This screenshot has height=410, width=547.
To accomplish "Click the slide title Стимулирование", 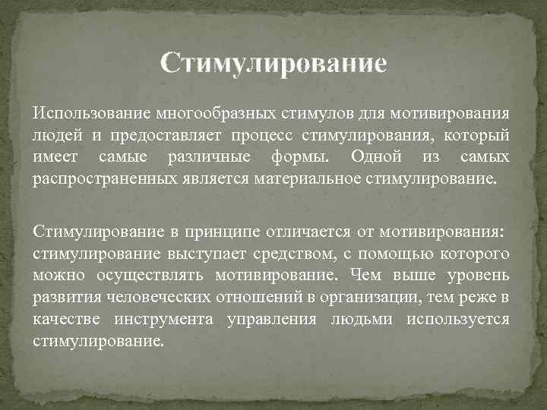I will coord(273,61).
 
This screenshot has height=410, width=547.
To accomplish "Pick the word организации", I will coord(367,297).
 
